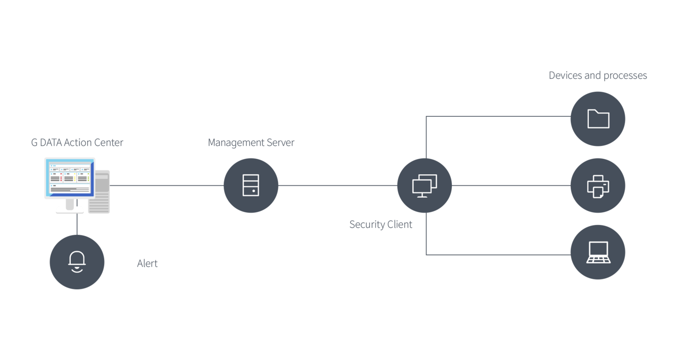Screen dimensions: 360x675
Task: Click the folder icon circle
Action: click(x=598, y=119)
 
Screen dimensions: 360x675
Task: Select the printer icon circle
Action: click(x=598, y=186)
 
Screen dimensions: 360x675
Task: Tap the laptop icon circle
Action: click(x=598, y=252)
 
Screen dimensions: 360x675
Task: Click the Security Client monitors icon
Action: click(x=425, y=186)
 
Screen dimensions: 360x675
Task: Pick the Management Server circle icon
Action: click(x=251, y=186)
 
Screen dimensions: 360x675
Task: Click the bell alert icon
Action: click(x=77, y=262)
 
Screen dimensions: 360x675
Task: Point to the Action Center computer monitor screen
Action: click(x=68, y=178)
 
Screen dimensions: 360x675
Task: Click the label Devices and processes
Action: click(x=598, y=75)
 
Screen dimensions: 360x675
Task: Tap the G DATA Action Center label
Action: click(x=77, y=143)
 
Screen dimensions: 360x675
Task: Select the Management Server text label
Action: click(x=251, y=143)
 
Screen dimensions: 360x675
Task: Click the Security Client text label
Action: click(x=381, y=225)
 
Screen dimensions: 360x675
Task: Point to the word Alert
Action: click(x=147, y=264)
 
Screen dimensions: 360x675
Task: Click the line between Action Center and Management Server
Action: click(x=166, y=186)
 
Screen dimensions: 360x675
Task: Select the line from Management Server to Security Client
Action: click(x=337, y=186)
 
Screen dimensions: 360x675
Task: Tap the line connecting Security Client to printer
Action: click(x=511, y=186)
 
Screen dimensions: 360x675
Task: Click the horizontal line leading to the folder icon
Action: click(x=497, y=116)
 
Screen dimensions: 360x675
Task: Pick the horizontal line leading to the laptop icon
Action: click(x=497, y=255)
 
